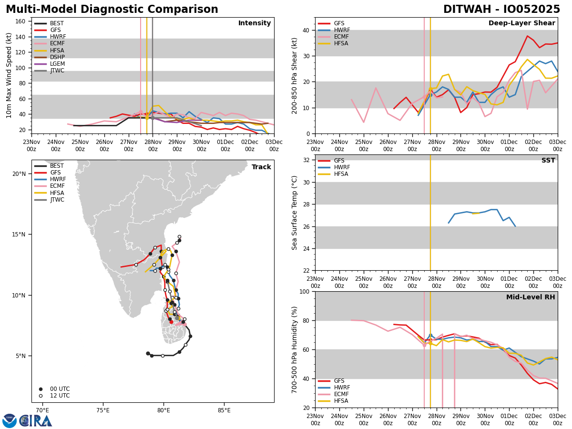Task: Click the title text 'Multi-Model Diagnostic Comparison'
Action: click(112, 10)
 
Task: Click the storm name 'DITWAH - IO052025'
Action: click(501, 10)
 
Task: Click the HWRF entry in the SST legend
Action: click(342, 167)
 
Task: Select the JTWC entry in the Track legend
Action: click(57, 200)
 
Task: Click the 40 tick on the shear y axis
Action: click(306, 30)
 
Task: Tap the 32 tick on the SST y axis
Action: click(306, 160)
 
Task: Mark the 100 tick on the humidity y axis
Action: click(304, 291)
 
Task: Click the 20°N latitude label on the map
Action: click(19, 174)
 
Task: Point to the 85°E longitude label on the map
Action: click(224, 410)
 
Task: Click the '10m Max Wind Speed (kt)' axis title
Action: click(9, 75)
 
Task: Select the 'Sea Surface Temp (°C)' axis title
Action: click(295, 213)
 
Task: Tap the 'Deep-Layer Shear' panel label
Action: click(521, 23)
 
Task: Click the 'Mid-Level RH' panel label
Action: click(530, 297)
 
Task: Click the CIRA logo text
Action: click(36, 421)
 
